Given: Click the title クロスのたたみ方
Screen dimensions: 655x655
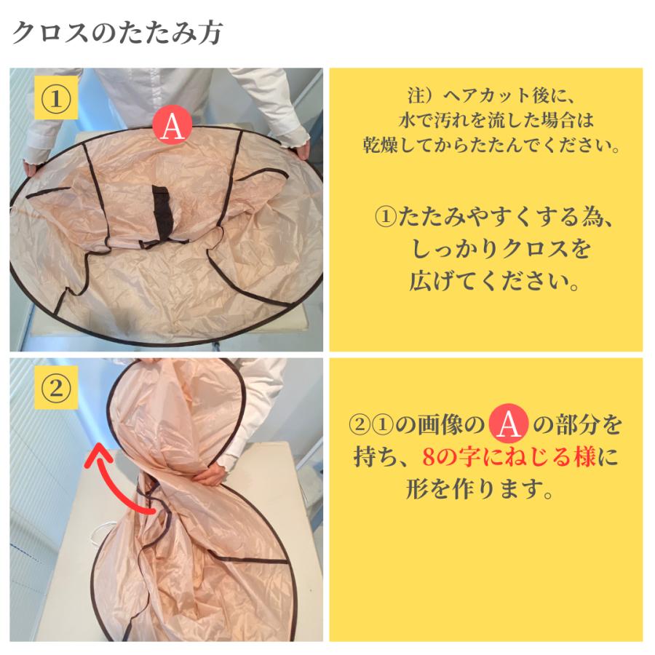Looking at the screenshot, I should pos(118,33).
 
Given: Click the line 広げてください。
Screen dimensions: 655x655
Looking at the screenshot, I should pos(486,282).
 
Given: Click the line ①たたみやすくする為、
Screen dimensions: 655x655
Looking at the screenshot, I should pos(486,216).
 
